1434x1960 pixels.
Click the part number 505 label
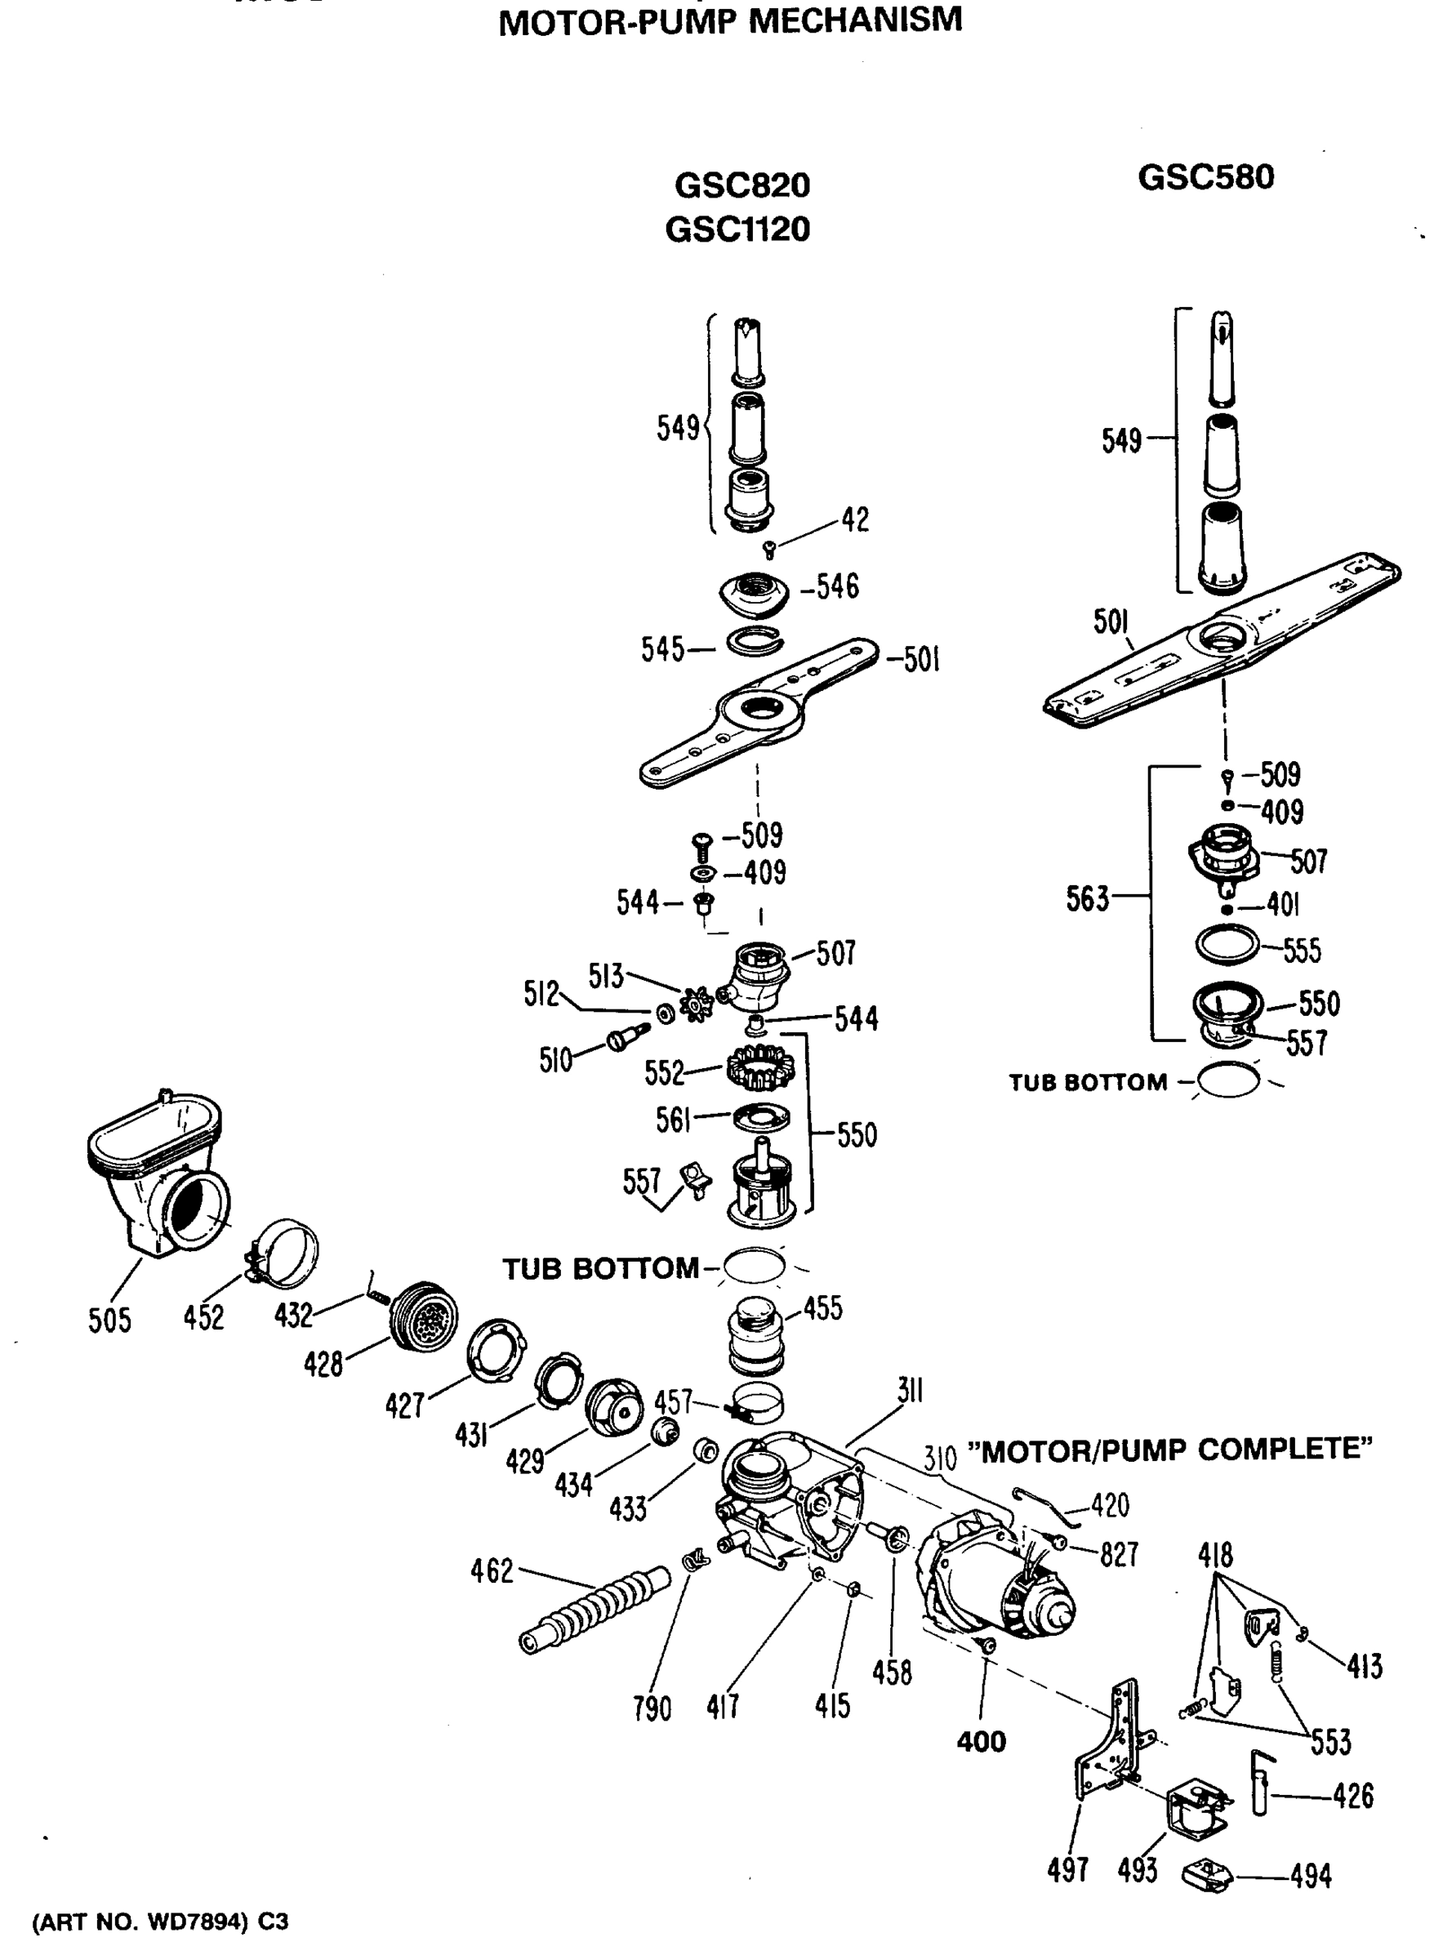tap(109, 1321)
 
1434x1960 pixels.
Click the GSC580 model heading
tap(1205, 177)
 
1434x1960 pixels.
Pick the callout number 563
tap(1088, 898)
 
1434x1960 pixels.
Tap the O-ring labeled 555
tap(1227, 944)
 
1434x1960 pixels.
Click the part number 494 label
tap(1310, 1876)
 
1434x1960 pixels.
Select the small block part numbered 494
tap(1208, 1874)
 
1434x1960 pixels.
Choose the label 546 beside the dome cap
tap(837, 587)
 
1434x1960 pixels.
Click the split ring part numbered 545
tap(754, 644)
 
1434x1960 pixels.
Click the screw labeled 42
tap(768, 549)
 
